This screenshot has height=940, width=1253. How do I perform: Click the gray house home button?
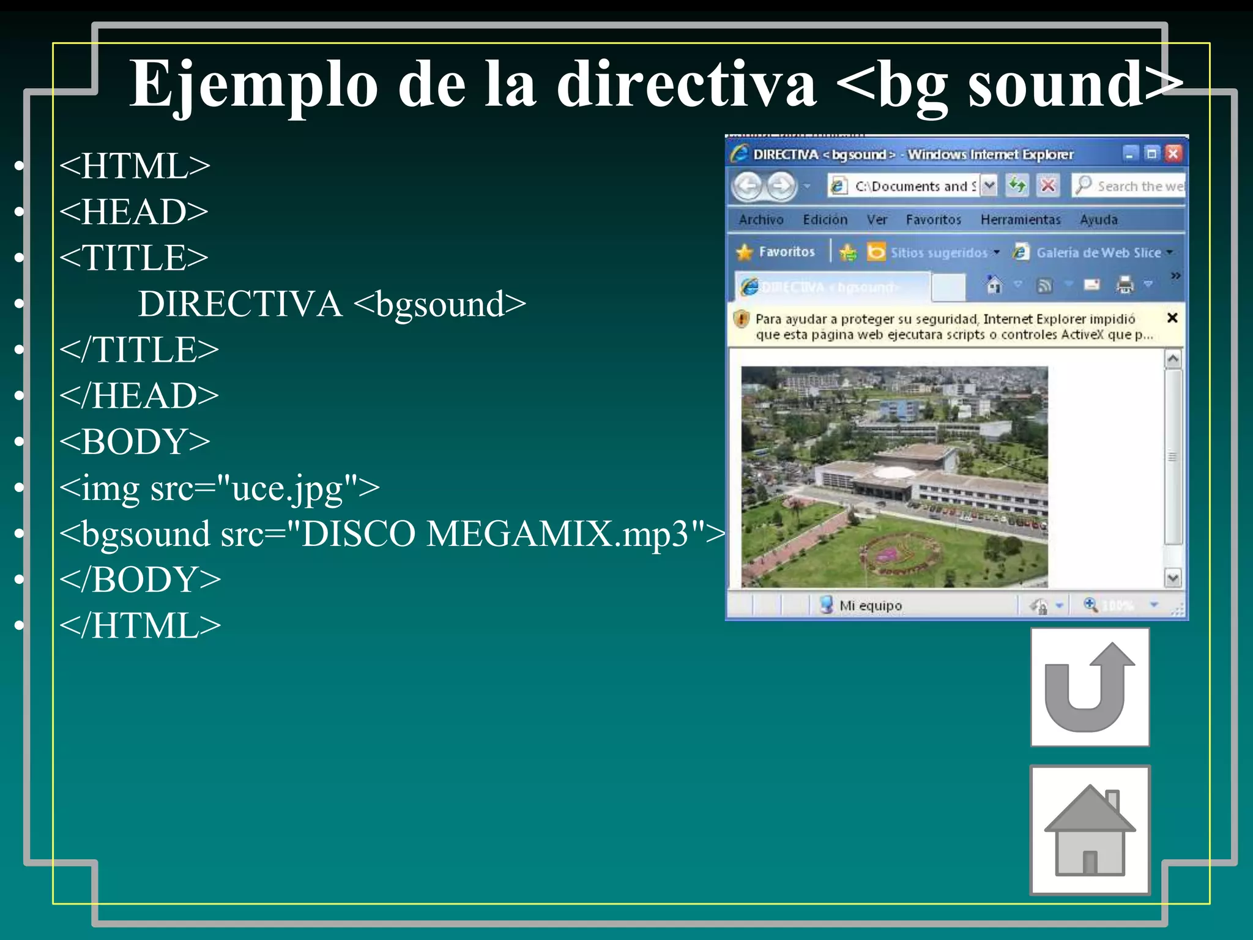1090,830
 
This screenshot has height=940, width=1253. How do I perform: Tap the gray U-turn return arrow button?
1090,687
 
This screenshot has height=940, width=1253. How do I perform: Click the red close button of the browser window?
1172,154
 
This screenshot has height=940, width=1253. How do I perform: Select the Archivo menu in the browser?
760,220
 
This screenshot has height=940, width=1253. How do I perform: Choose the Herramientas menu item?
1020,220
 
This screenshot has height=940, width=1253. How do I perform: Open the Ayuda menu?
1098,220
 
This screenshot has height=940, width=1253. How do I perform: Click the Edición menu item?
825,220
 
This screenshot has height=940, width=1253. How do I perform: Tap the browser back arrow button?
748,185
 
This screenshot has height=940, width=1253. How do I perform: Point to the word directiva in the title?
686,84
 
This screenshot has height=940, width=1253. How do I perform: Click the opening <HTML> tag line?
135,166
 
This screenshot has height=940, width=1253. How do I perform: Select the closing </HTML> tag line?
140,625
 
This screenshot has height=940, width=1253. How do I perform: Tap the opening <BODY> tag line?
135,441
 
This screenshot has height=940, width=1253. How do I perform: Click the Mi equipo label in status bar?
870,605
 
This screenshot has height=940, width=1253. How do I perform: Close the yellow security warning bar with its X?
1172,318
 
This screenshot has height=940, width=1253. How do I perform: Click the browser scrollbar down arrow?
1172,577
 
